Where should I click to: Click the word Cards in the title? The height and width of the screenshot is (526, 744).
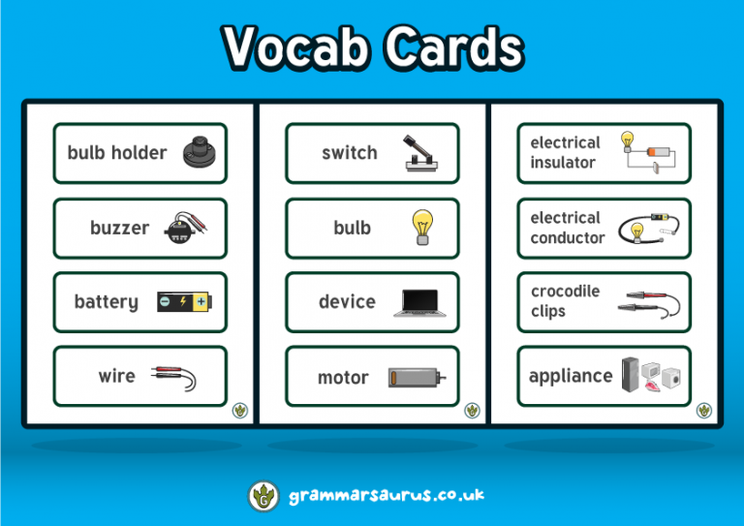pos(451,48)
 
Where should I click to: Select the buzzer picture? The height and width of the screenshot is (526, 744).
pos(184,229)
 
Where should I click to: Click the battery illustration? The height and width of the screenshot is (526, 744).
pos(184,302)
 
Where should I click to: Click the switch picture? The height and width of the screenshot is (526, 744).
pos(423,153)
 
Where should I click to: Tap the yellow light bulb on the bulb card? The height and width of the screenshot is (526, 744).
pos(421,227)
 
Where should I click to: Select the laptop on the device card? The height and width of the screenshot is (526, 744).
pos(421,302)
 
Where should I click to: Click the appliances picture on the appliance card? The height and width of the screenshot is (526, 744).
pos(648,376)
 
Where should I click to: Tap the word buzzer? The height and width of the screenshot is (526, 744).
pos(119,229)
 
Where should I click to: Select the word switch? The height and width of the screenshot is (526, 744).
pos(349,153)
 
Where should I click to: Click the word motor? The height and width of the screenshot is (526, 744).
pos(343,378)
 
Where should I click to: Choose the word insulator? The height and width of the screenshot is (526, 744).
pos(563,163)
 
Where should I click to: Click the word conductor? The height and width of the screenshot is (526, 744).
pos(568,238)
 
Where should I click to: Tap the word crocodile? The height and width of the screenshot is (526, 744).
pos(566,292)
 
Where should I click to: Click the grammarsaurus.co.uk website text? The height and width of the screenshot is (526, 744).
pos(387,496)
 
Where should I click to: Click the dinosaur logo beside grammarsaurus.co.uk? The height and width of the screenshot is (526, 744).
pos(263,496)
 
